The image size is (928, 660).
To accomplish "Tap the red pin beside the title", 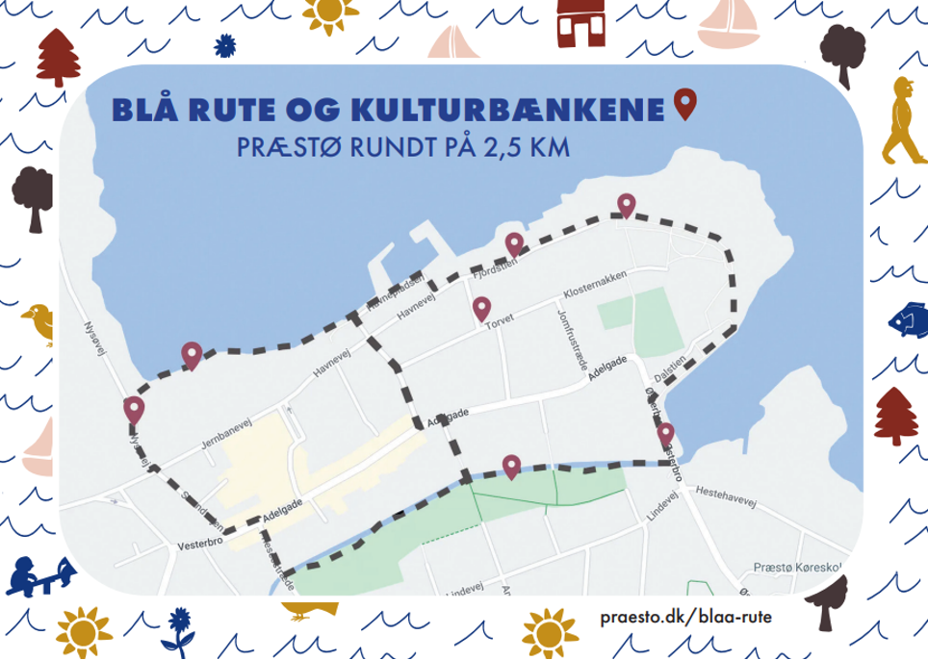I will (683, 104).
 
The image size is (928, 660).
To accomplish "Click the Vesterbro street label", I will (200, 546).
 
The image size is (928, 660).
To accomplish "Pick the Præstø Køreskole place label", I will (798, 567).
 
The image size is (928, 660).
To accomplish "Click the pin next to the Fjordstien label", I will (514, 244).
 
